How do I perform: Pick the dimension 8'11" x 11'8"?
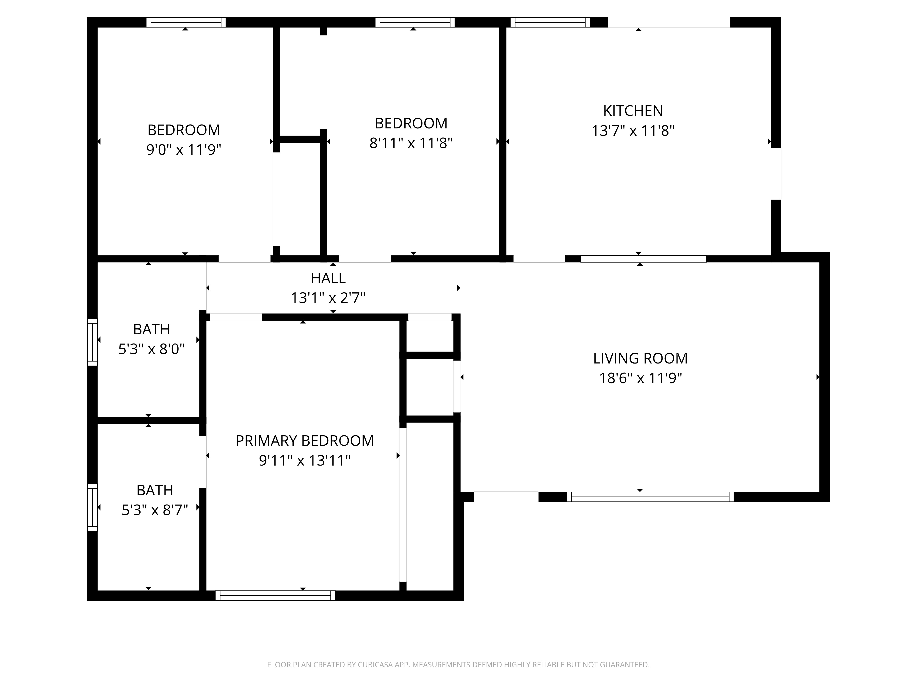pos(411,143)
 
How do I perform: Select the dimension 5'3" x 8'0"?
pos(151,349)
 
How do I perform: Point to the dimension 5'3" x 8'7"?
pos(155,510)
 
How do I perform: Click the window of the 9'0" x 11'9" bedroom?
pos(186,22)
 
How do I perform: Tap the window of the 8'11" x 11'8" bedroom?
pos(415,22)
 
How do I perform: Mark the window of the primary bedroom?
pos(275,596)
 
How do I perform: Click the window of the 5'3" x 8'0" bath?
pos(92,342)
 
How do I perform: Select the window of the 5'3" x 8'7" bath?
pos(92,507)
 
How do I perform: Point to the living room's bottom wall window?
pos(650,497)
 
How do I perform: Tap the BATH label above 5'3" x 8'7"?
pos(155,490)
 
